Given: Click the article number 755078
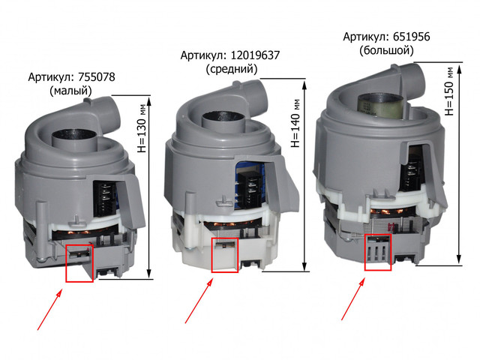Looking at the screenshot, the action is tap(97, 76).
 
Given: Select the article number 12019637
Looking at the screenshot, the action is tap(255, 55).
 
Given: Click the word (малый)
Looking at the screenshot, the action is tap(71, 91).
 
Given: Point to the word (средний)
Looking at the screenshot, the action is tap(232, 69).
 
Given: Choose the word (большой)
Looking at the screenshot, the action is tap(387, 50).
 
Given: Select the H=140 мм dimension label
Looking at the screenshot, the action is tap(295, 123).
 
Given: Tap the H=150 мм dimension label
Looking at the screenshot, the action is tap(449, 91).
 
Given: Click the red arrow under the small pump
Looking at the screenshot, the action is tap(49, 310).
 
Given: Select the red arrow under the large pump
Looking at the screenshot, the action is tap(353, 299).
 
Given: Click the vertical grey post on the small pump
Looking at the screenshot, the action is tap(41, 230).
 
